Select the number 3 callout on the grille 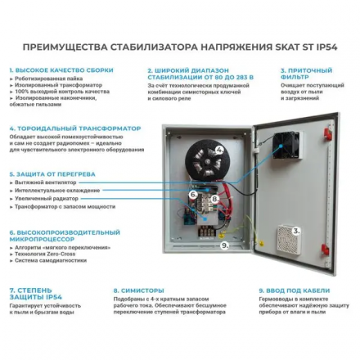coord(297,232)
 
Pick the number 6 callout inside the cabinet coord(193,195)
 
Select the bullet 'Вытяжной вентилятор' coord(40,183)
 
